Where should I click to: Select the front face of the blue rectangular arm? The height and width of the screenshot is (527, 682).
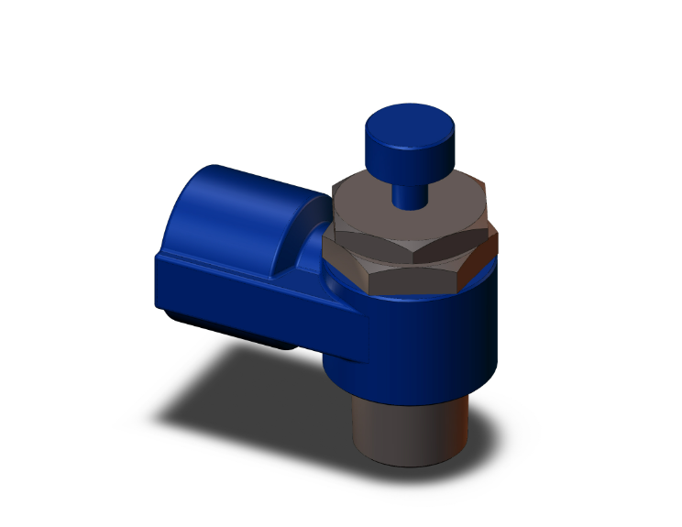(x=257, y=302)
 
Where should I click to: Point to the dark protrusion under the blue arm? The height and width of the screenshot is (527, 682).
(x=229, y=329)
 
